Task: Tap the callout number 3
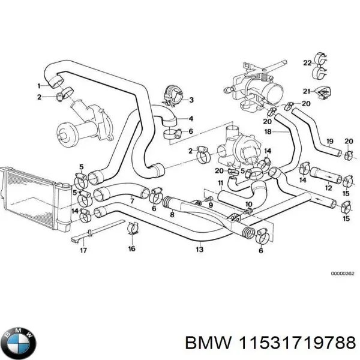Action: point(191,100)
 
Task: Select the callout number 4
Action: point(191,118)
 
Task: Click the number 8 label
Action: point(172,214)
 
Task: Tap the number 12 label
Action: point(328,188)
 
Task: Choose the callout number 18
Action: point(268,131)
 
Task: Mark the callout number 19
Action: point(329,142)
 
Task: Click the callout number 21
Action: point(305,91)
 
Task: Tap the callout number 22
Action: point(307,62)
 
